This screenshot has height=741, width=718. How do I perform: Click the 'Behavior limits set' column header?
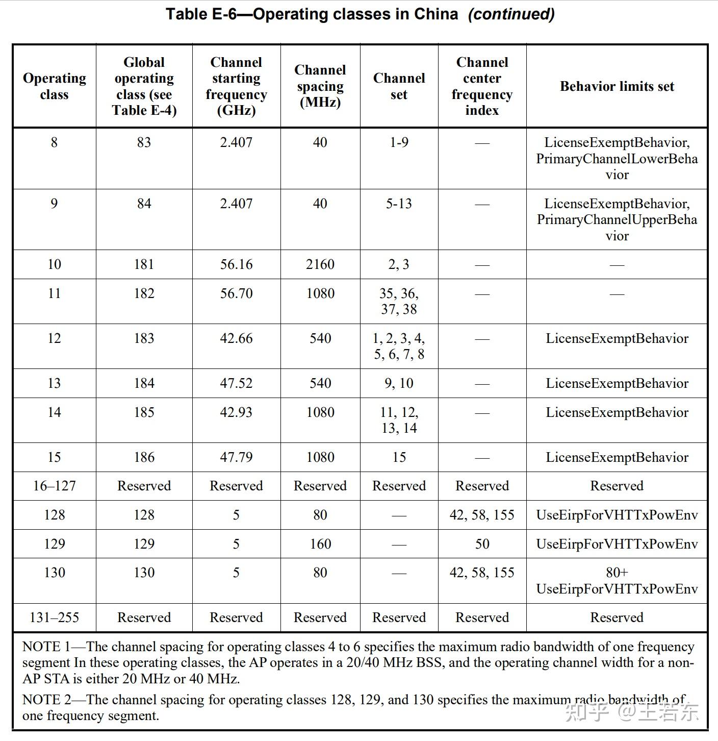[x=617, y=86]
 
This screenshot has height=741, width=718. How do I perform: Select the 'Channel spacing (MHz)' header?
[x=320, y=86]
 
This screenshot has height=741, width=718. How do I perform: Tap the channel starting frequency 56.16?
[x=236, y=264]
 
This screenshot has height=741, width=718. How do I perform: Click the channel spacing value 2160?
[x=320, y=264]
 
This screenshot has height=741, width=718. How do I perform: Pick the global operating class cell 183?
[x=144, y=338]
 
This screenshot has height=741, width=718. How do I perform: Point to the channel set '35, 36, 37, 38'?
[x=399, y=301]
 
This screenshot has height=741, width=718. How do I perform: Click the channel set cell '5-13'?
[x=399, y=204]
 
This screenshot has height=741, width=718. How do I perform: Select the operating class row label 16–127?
[x=54, y=486]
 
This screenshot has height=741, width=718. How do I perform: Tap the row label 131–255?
[x=54, y=617]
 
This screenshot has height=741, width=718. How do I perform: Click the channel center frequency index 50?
[x=482, y=544]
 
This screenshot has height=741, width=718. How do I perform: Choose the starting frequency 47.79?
[x=236, y=457]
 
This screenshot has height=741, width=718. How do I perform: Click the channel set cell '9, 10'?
[x=399, y=383]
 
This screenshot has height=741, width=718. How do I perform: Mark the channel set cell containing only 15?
[x=399, y=457]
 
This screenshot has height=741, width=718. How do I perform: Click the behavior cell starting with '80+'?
[x=617, y=581]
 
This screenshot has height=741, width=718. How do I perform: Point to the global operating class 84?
[x=144, y=204]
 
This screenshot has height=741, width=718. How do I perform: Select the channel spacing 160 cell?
[x=320, y=544]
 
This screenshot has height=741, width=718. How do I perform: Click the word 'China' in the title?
[x=435, y=14]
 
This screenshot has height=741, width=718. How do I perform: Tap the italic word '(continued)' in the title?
[x=511, y=14]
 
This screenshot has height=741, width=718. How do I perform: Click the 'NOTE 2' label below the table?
[x=46, y=700]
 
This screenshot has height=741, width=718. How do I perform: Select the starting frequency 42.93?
[x=236, y=412]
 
